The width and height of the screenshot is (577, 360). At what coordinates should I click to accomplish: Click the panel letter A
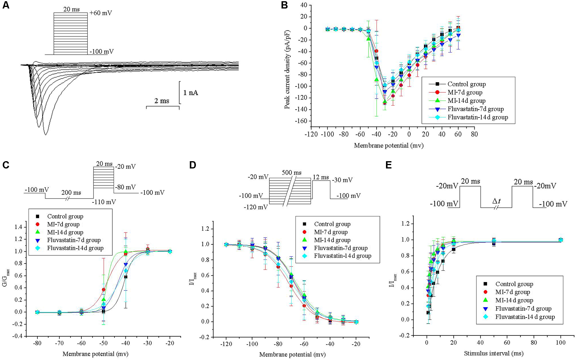coord(6,5)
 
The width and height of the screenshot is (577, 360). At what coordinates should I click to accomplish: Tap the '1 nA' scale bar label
coord(191,93)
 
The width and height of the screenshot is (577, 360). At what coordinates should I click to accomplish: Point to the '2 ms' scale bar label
coord(162,101)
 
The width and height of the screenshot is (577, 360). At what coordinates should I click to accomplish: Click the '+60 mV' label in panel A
coord(101,13)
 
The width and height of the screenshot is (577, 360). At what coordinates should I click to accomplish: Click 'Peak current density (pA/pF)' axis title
coord(287,69)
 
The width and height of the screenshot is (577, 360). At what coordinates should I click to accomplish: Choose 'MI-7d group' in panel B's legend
coord(465,92)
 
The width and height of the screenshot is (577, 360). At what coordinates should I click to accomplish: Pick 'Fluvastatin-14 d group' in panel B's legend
coord(477,117)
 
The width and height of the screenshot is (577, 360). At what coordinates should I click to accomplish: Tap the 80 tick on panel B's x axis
coord(474,134)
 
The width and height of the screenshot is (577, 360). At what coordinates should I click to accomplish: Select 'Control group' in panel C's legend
coord(65,216)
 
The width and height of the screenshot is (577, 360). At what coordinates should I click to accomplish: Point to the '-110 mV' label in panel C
coord(104,202)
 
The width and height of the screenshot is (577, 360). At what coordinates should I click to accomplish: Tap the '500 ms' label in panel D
coord(292,173)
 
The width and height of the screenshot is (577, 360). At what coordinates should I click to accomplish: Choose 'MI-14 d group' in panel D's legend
coord(332,240)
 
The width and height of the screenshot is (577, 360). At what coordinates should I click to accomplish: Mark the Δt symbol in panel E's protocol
coord(496,201)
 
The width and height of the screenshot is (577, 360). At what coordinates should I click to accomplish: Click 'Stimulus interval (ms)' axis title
coord(493,353)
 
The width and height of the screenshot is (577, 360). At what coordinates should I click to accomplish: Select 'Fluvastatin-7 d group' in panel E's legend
coord(523,308)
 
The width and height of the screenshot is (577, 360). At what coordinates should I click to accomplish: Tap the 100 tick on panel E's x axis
coord(561,342)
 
